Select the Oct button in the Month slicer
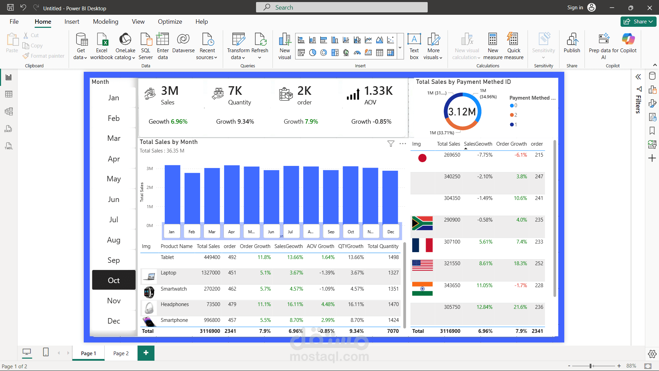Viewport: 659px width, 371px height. (114, 280)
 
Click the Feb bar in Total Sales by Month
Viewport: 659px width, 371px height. (192, 198)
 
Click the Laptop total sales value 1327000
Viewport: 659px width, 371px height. (210, 273)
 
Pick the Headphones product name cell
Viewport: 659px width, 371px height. (175, 304)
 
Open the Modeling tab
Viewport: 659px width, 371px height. (105, 22)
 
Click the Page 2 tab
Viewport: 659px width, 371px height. (121, 353)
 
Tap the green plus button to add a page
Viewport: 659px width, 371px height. (146, 353)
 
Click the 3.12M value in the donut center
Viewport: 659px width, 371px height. (462, 112)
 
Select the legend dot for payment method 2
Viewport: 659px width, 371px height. (512, 115)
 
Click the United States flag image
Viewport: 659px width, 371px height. (422, 265)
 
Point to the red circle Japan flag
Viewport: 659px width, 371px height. (423, 158)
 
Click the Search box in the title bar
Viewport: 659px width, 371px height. (342, 7)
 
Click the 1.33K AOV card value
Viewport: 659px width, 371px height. (378, 91)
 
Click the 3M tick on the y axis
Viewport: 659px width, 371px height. (150, 169)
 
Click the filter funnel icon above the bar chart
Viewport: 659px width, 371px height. (391, 144)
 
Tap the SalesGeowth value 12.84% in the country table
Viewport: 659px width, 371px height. (484, 307)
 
